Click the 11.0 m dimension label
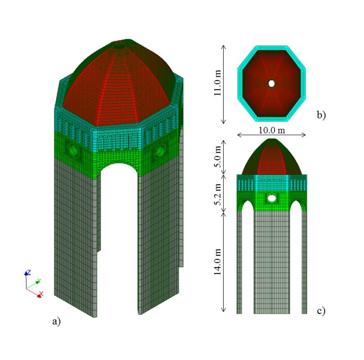(217, 83)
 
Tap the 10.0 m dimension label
(272, 130)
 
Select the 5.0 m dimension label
(217, 157)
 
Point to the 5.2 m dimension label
(217, 195)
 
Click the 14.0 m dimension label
(217, 262)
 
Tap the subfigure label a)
(56, 321)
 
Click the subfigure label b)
(321, 115)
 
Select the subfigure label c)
(321, 311)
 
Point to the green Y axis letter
(39, 281)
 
